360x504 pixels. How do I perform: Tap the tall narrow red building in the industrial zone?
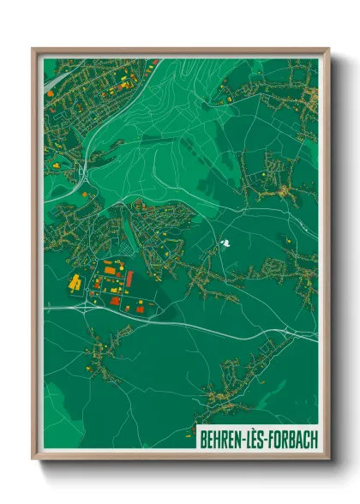[129, 279]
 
